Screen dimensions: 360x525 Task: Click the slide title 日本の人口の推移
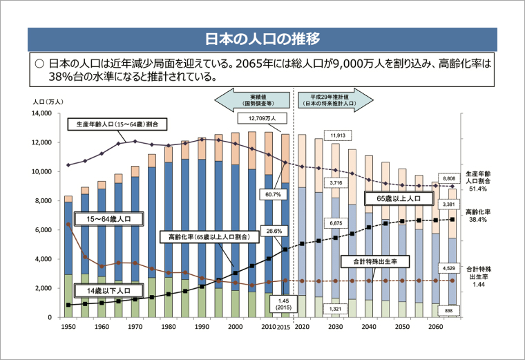click(x=262, y=38)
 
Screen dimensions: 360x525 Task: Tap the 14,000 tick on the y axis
click(x=41, y=113)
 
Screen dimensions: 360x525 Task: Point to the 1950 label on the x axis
click(x=68, y=325)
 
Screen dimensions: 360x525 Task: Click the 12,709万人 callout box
click(x=267, y=118)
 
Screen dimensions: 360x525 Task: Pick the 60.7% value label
click(x=272, y=194)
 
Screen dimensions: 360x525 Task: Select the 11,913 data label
click(x=337, y=135)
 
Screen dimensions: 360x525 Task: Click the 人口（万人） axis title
click(x=48, y=102)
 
